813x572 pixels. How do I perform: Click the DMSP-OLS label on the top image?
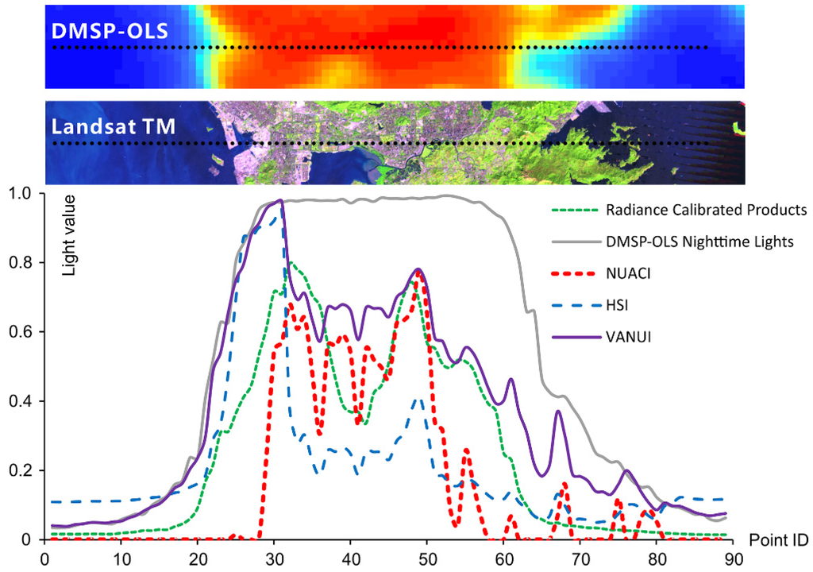point(104,31)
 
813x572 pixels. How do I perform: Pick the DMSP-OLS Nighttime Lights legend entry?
point(699,242)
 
